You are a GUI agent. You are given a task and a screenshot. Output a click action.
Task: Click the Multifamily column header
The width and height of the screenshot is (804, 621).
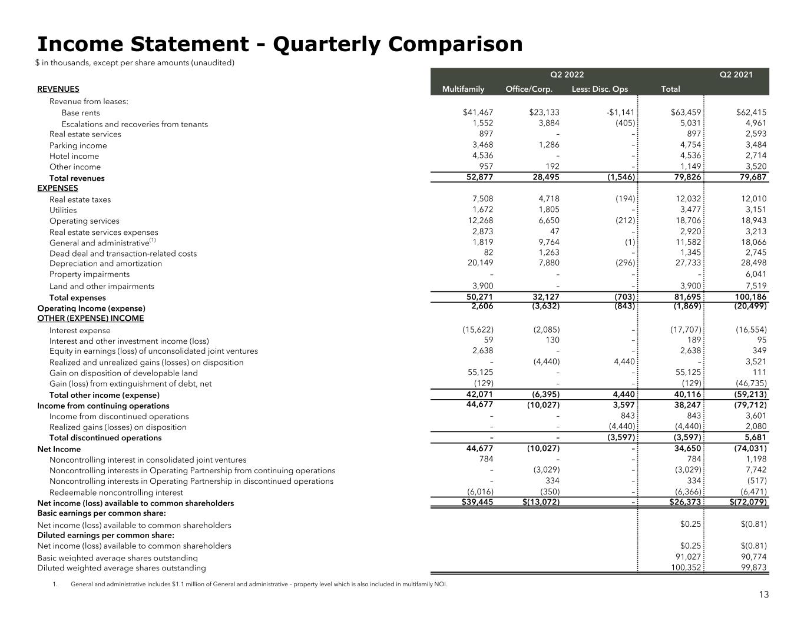point(463,89)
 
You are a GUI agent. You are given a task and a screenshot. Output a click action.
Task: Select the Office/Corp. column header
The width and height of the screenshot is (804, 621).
point(529,89)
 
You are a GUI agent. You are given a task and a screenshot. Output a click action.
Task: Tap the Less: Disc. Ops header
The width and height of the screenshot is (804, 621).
point(600,89)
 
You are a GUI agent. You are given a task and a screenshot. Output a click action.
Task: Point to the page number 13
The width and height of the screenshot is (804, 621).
point(763,595)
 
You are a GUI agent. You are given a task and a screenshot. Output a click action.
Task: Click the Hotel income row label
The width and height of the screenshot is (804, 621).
point(74,157)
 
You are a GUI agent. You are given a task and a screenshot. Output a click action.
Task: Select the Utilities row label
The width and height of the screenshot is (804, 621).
point(63,210)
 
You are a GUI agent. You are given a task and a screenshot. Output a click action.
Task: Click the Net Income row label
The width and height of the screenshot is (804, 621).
point(59,449)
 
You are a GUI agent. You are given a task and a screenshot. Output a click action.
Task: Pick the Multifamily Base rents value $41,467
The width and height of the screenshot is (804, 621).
point(478,112)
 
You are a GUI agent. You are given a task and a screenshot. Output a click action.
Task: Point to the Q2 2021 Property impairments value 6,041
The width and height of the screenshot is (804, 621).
point(753,274)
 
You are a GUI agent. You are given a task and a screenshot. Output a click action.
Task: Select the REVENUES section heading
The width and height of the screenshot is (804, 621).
point(58,89)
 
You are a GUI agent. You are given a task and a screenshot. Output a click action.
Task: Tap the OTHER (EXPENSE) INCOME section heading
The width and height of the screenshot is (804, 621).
point(90,318)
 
